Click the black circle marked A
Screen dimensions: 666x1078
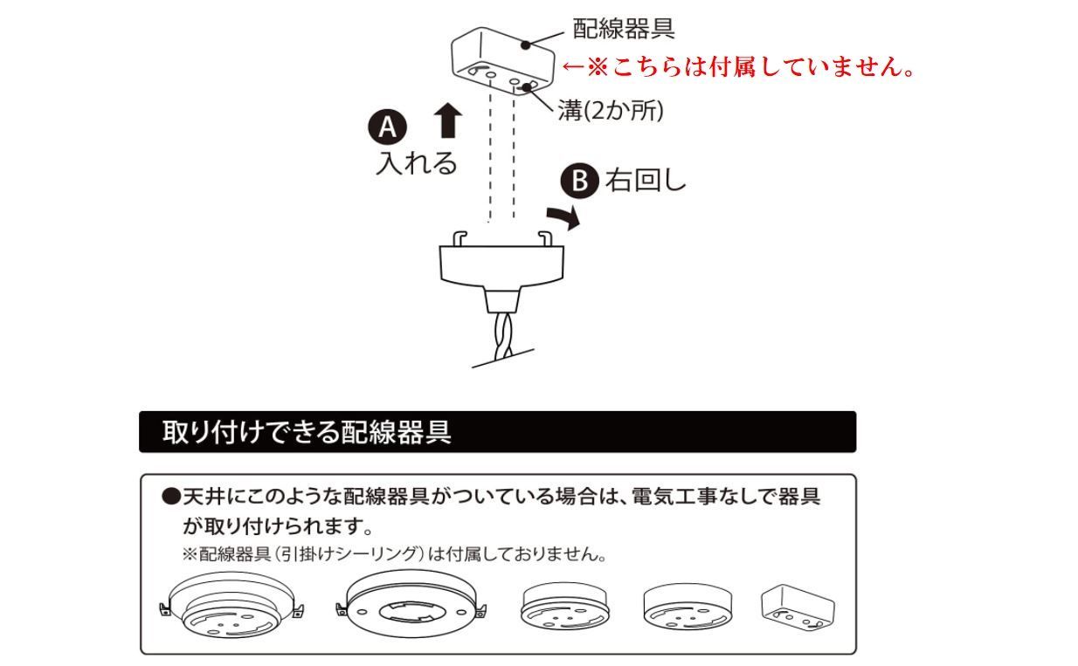[x=388, y=127]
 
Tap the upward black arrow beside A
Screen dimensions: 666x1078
[x=448, y=120]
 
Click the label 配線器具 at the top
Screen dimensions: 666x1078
[x=623, y=29]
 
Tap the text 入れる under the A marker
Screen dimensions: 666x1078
[x=417, y=163]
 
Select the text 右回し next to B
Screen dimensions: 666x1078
[x=646, y=181]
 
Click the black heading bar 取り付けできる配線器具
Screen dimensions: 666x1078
[x=497, y=432]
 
